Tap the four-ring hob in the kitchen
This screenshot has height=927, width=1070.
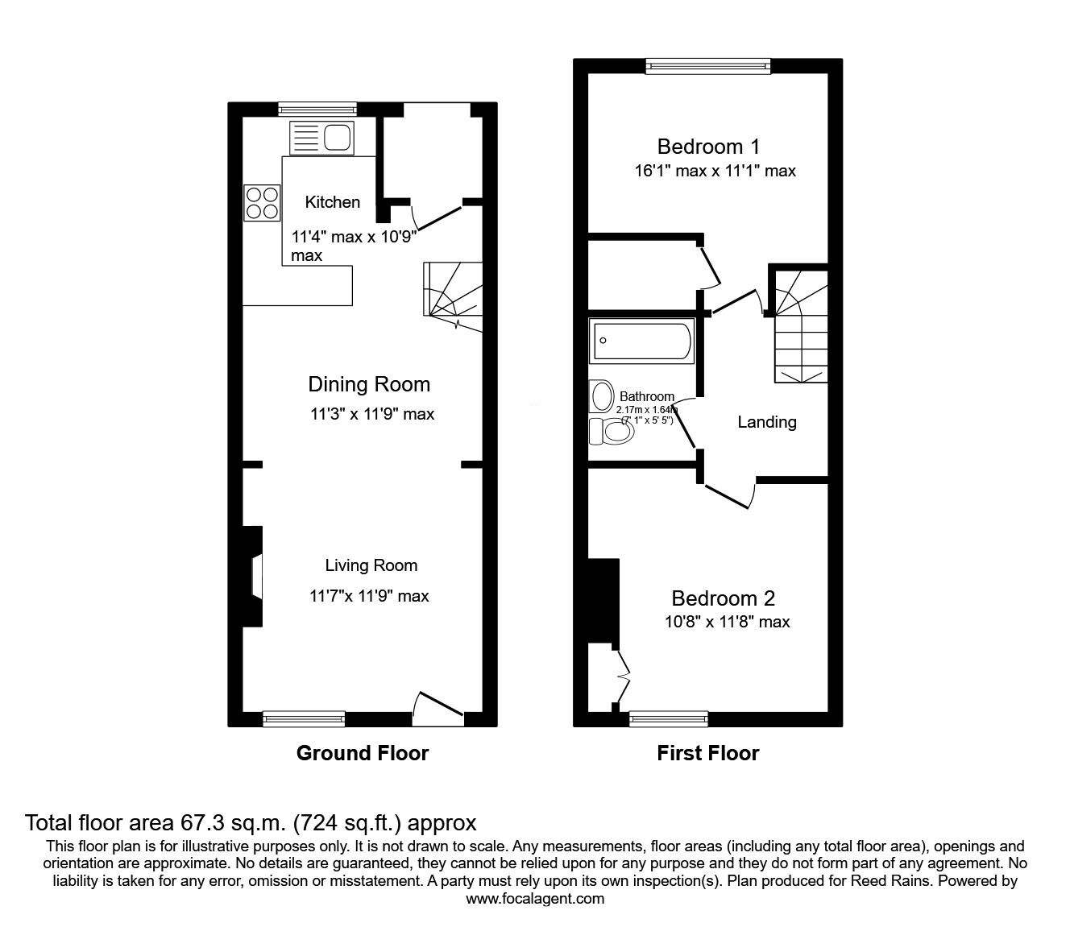(262, 202)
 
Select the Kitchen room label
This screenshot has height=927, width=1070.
(332, 202)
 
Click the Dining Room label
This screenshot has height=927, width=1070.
(369, 384)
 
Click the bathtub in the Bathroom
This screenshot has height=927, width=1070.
(641, 341)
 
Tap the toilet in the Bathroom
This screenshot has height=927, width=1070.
(611, 432)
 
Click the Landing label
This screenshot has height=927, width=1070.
(767, 422)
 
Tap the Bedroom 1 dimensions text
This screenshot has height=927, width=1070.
(714, 171)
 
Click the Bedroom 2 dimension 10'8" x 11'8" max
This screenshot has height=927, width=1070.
(722, 622)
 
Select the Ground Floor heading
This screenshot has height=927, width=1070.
(362, 753)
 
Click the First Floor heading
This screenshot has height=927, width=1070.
(707, 753)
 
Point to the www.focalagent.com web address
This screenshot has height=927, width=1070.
(535, 899)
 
